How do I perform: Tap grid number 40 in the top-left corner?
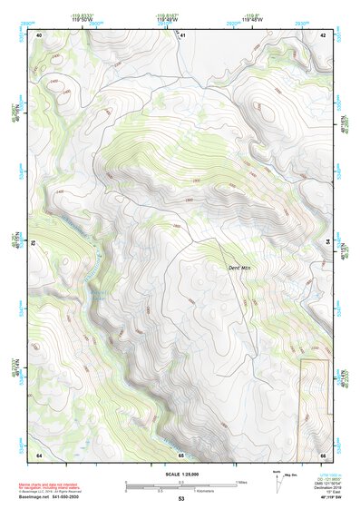39,34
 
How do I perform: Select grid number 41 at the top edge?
182,34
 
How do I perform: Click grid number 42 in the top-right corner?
322,34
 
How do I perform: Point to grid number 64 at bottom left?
39,454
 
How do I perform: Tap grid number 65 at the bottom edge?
180,454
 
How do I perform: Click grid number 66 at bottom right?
322,454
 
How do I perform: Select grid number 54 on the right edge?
327,241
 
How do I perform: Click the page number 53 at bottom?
180,500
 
